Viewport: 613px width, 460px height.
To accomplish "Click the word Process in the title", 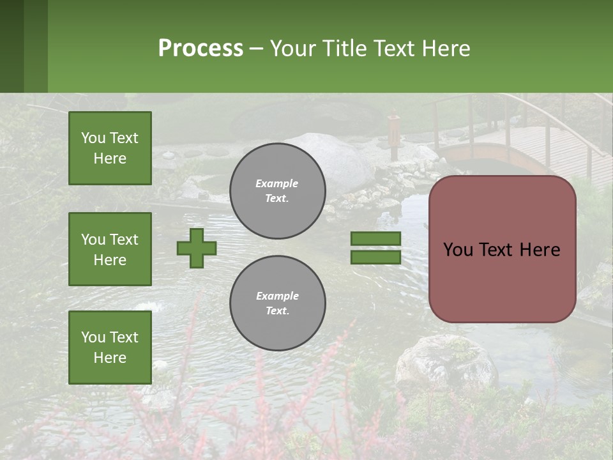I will point(201,49).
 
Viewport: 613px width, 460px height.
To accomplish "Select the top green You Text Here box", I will point(110,148).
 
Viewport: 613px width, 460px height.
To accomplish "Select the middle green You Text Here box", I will point(110,249).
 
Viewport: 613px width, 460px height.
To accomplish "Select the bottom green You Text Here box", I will point(110,348).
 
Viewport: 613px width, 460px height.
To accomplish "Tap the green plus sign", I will point(197,248).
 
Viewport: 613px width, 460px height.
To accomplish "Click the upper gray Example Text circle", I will point(277,191).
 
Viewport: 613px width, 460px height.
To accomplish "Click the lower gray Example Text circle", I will point(277,303).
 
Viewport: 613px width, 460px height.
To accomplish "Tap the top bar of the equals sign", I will point(375,239).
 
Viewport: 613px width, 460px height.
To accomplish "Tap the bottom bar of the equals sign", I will point(375,257).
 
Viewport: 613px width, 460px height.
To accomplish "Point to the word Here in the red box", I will point(540,250).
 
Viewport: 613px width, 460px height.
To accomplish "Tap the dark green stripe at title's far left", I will point(11,46).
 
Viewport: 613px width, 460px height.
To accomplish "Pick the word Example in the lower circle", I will point(277,296).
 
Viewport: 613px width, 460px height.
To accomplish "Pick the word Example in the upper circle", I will point(277,183).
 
